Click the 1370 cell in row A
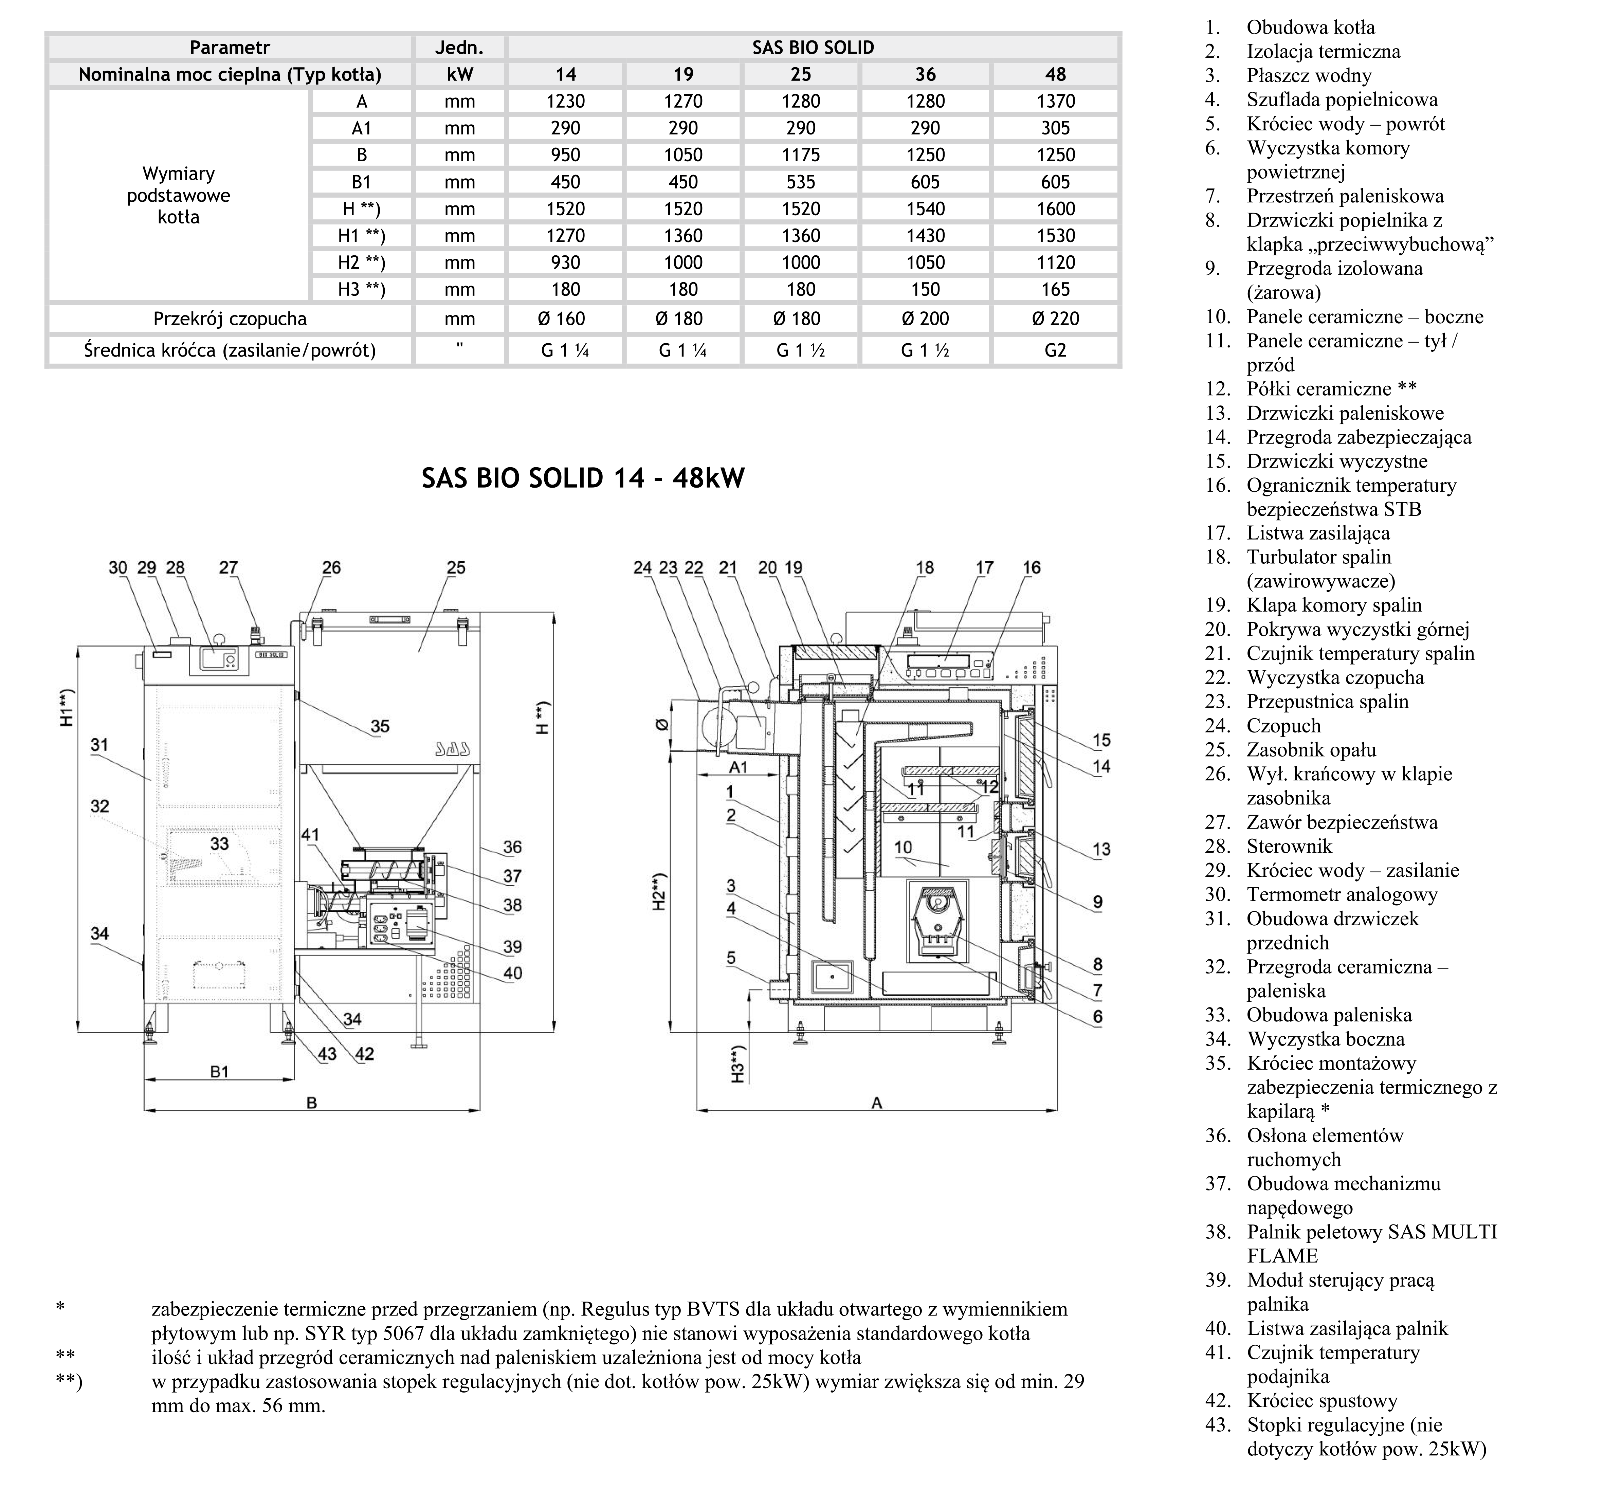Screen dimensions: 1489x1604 pyautogui.click(x=1055, y=102)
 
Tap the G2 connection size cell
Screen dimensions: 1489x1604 pyautogui.click(x=1055, y=350)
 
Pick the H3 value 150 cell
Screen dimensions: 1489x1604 pyautogui.click(x=925, y=289)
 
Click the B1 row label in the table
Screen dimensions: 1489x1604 pyautogui.click(x=361, y=182)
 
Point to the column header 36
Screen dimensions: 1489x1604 pyautogui.click(x=925, y=75)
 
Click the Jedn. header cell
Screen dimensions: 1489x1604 pyautogui.click(x=459, y=48)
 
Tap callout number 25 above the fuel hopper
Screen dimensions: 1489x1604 pyautogui.click(x=456, y=568)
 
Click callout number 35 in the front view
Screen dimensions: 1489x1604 pyautogui.click(x=380, y=726)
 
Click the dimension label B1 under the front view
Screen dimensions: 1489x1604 pyautogui.click(x=219, y=1072)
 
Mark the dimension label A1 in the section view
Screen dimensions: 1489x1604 pyautogui.click(x=738, y=767)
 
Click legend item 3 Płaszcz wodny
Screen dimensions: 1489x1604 pyautogui.click(x=1308, y=76)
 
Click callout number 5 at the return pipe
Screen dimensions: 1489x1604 pyautogui.click(x=731, y=958)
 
